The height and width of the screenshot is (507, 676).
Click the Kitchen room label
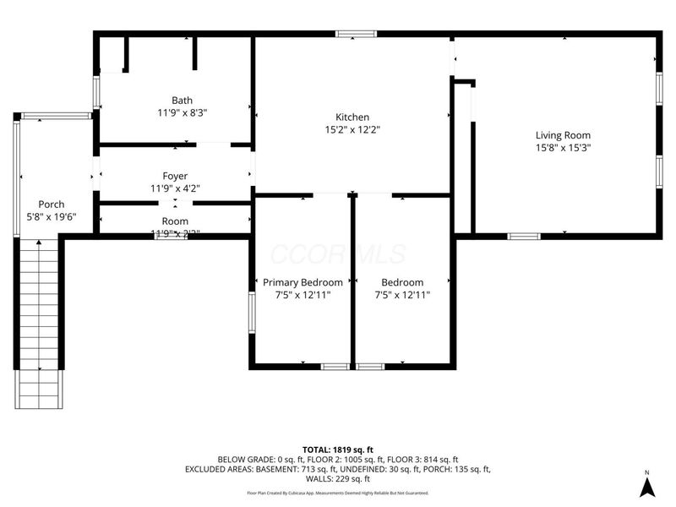coord(352,117)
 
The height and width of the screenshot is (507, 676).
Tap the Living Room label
coord(563,135)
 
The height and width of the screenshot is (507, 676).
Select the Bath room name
coord(182,100)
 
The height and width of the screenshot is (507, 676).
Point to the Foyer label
coord(175,177)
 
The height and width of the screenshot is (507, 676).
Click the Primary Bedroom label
coord(303,282)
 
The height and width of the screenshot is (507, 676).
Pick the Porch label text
coord(52,204)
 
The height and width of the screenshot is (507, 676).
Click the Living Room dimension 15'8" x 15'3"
coord(563,147)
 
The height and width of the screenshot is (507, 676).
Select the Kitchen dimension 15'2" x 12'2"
coord(352,130)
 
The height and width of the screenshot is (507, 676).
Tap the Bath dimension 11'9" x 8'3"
coord(182,112)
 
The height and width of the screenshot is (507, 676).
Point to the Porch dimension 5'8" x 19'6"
coord(52,216)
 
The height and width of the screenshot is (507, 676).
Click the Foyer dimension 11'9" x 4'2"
coord(175,189)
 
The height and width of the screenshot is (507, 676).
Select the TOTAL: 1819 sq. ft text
coord(337,449)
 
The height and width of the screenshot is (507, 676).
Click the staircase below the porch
coord(39,321)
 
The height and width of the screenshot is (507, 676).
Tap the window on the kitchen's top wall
coord(356,35)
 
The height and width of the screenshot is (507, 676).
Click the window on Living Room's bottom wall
coord(523,236)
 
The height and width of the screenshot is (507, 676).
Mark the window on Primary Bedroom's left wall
coord(251,312)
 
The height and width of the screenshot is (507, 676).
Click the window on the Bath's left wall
coord(96,91)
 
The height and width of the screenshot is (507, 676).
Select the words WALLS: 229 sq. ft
coord(337,479)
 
